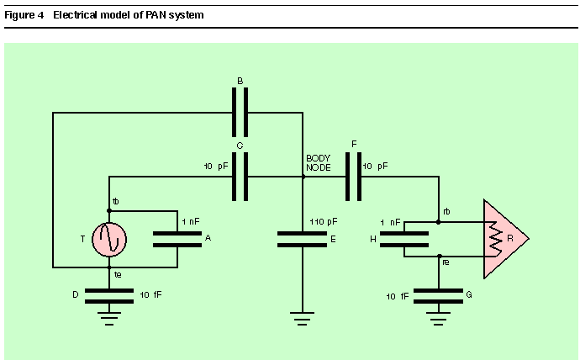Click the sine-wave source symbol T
[109, 240]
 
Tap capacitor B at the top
[240, 112]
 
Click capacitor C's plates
[240, 177]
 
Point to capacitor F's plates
[353, 177]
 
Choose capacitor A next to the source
[177, 239]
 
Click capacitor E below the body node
[302, 239]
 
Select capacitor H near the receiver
[404, 239]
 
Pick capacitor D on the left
[109, 296]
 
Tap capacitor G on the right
[438, 296]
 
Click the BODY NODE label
[318, 163]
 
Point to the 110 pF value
[324, 221]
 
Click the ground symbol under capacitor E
[302, 319]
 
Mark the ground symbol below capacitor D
[109, 319]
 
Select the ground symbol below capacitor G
[438, 319]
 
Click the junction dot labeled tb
[109, 211]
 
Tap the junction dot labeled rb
[438, 222]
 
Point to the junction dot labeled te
[109, 267]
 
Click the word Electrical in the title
[75, 15]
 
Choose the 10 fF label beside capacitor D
[150, 294]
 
